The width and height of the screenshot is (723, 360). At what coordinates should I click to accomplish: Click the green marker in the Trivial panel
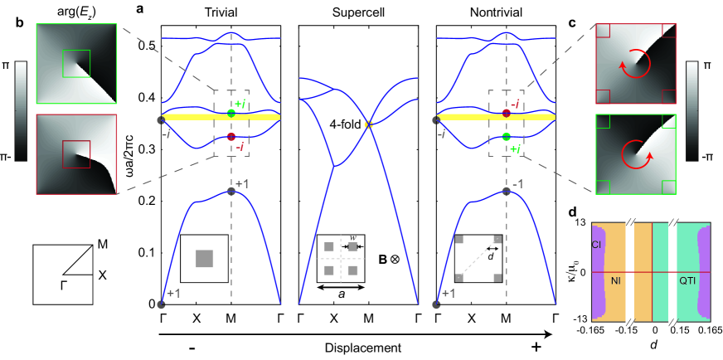pyautogui.click(x=231, y=113)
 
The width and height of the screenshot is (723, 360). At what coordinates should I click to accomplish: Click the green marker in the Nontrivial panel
pyautogui.click(x=506, y=137)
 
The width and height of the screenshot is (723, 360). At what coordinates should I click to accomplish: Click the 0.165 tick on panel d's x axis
pyautogui.click(x=709, y=332)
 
